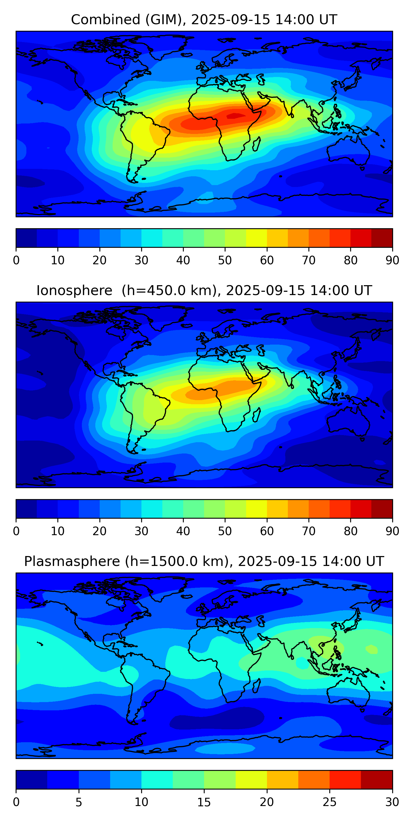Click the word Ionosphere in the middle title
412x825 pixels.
(74, 290)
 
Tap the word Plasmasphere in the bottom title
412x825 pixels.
(72, 562)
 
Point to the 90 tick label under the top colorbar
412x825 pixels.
(392, 260)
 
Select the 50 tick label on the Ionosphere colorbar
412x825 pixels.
(225, 531)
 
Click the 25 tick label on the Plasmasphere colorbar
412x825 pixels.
(330, 802)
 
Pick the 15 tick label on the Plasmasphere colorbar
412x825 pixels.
(204, 802)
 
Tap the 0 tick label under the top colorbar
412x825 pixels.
(16, 260)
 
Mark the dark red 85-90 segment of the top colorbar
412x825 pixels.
(382, 238)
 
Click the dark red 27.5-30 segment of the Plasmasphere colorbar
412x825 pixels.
(377, 780)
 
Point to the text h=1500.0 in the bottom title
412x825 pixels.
(163, 562)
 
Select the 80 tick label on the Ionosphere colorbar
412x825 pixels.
(350, 531)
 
